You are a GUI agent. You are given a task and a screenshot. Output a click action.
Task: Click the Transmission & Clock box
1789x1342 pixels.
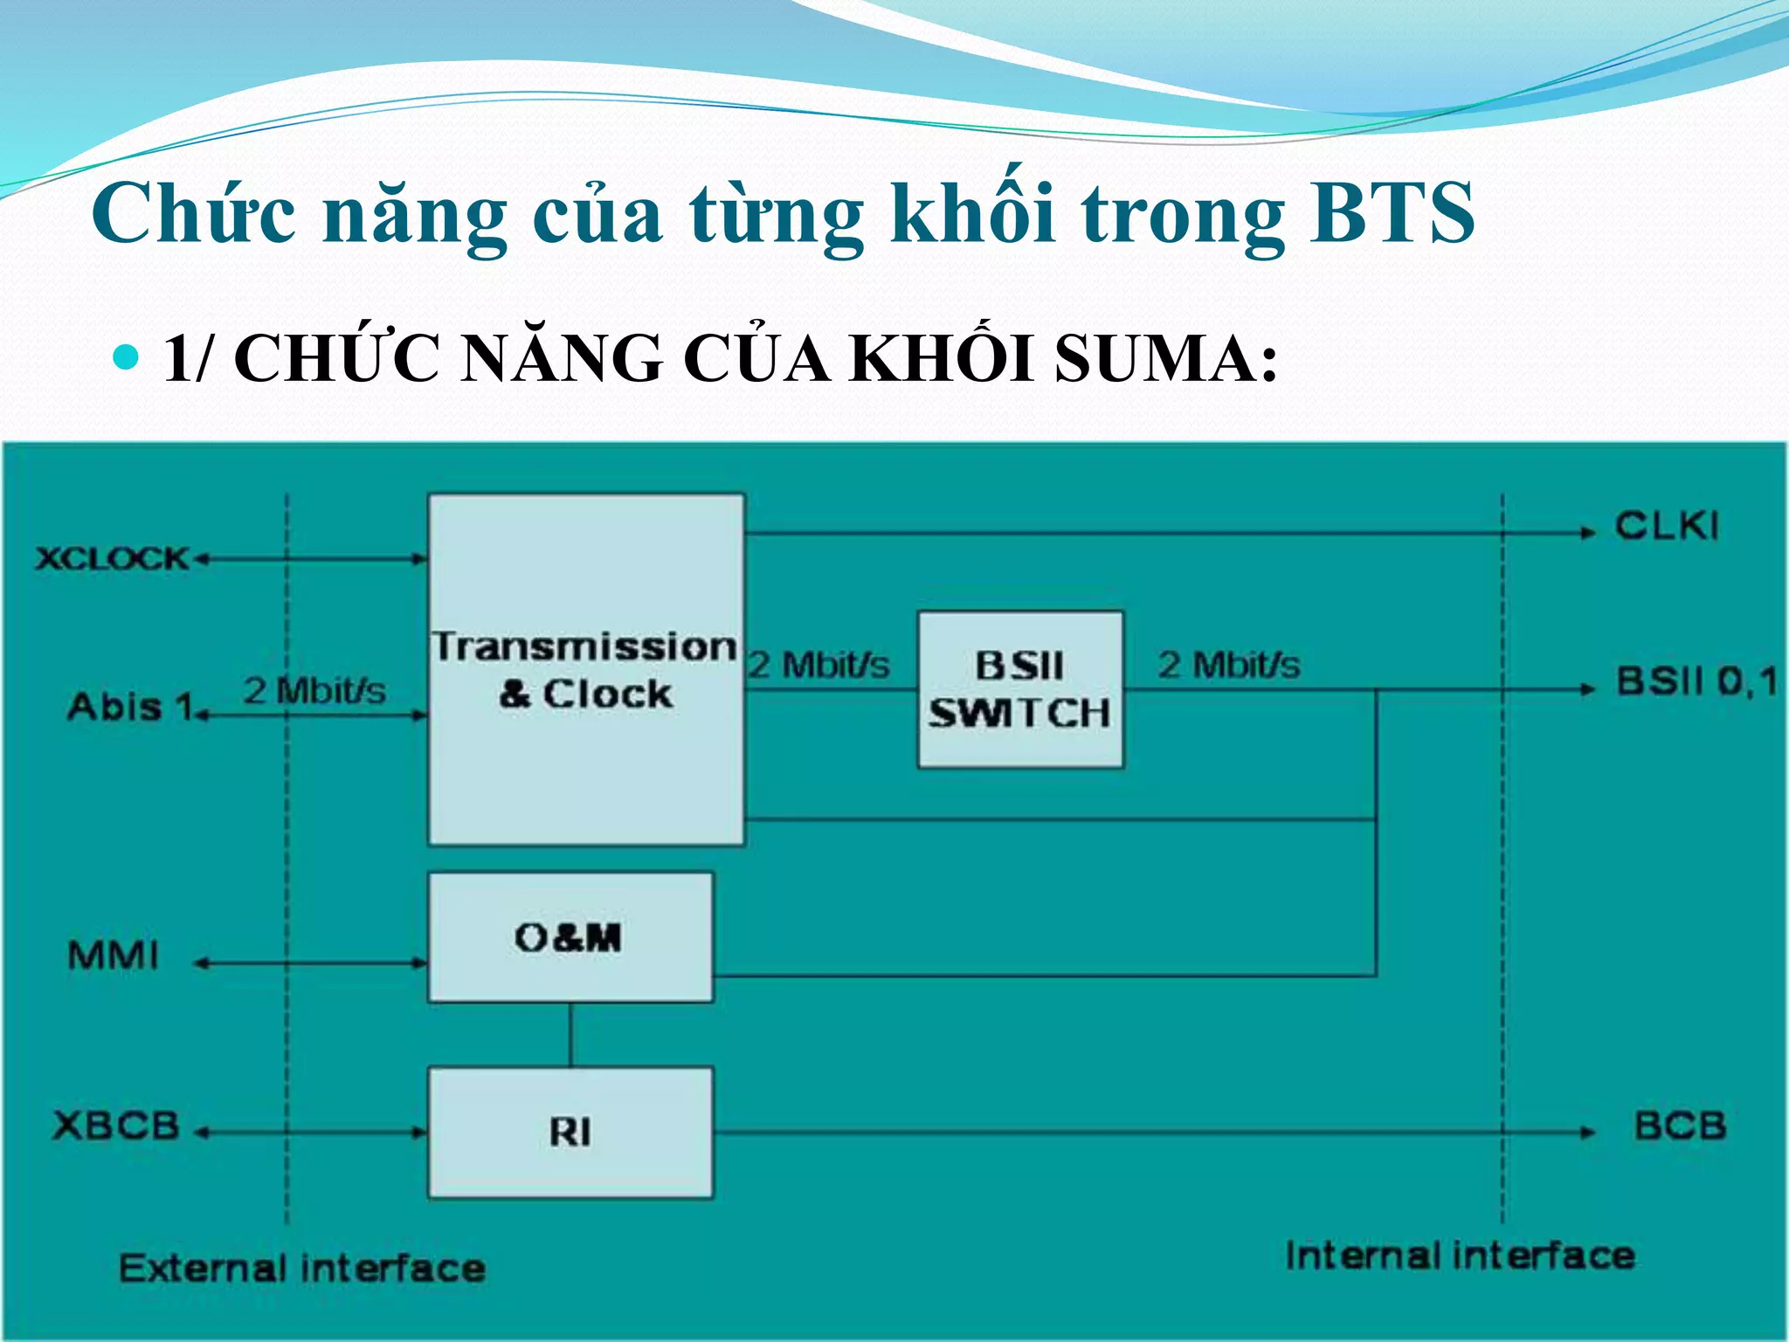coord(586,669)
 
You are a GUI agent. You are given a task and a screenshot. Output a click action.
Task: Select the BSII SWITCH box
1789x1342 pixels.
coord(1020,689)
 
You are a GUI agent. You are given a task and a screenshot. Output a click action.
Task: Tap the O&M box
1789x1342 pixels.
coord(570,937)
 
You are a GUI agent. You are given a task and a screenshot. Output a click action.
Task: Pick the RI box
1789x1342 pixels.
coord(570,1132)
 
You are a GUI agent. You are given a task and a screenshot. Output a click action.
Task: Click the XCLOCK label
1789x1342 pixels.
coord(112,558)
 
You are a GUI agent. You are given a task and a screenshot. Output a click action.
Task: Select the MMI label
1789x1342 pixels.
coord(114,956)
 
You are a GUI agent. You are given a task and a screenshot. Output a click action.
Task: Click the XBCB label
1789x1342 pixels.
coord(116,1125)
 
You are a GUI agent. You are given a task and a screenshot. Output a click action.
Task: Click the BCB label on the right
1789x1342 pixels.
coord(1680,1125)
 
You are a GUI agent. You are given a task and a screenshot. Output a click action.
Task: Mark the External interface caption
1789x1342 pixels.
coord(302,1268)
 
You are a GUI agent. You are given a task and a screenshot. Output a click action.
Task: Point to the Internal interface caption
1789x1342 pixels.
coord(1460,1256)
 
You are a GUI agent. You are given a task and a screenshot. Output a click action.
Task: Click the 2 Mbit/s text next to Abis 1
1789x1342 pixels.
coord(314,691)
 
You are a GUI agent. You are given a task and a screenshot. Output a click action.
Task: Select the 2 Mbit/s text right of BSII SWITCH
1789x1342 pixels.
coord(1229,666)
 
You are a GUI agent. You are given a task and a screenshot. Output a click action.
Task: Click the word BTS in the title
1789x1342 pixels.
coord(1391,214)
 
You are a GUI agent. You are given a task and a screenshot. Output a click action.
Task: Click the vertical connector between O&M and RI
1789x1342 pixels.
coord(570,1034)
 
